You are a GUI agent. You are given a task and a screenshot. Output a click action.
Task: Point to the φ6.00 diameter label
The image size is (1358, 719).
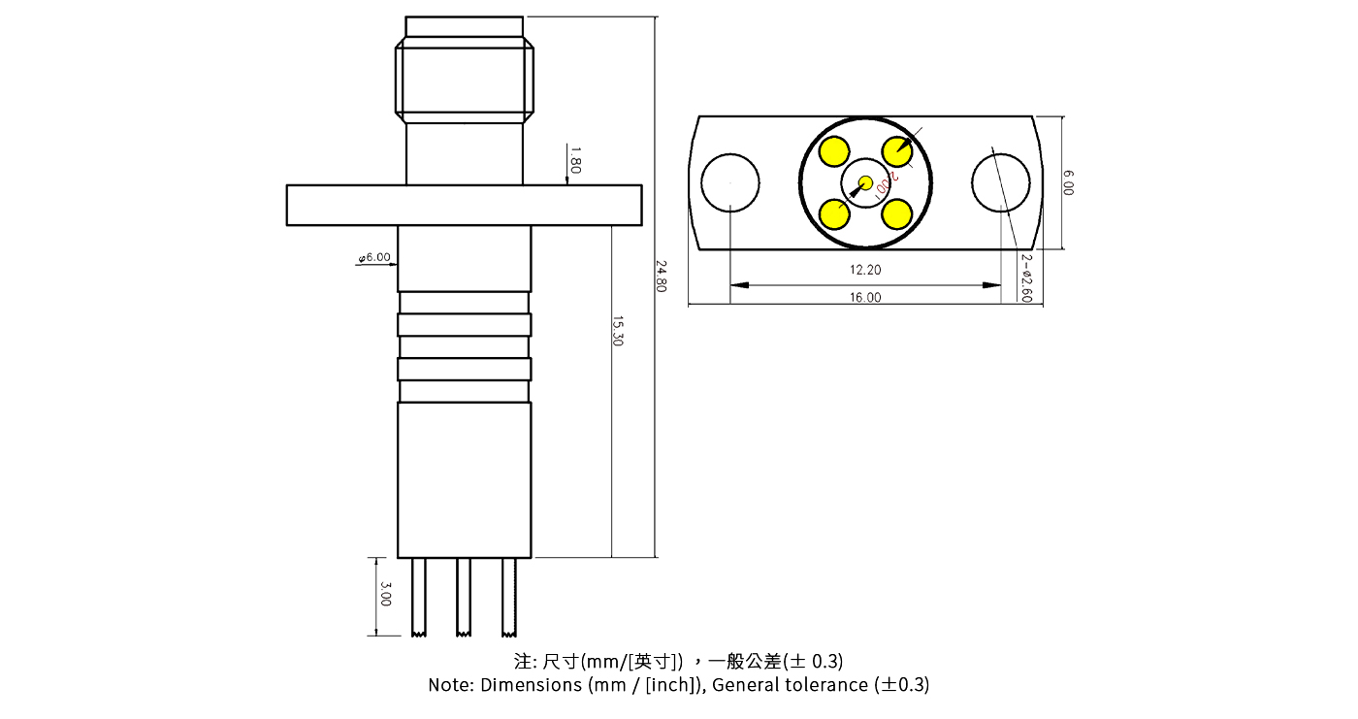(375, 257)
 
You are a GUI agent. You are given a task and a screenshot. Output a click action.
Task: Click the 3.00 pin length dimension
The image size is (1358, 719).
(385, 594)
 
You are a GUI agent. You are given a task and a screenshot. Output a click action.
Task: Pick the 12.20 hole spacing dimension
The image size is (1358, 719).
(865, 270)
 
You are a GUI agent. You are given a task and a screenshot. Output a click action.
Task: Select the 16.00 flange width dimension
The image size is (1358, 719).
(865, 298)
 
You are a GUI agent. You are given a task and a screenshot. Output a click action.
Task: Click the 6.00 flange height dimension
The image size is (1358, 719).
(1068, 182)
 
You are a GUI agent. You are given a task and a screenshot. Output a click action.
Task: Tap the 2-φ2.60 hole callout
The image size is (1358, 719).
(1026, 278)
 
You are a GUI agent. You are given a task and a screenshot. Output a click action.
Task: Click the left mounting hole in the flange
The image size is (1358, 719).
(730, 182)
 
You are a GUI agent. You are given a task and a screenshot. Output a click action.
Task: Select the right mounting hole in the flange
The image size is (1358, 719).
(1001, 182)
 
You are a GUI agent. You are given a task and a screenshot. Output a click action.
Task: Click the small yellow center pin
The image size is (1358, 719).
(865, 182)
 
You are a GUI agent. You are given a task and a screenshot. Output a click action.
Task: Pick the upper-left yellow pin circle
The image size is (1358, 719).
(834, 151)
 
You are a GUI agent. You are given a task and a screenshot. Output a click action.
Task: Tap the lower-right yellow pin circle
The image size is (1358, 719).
(897, 213)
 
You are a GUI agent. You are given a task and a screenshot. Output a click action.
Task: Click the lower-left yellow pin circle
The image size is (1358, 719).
(834, 213)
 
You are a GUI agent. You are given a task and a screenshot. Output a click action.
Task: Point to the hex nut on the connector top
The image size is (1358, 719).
(464, 80)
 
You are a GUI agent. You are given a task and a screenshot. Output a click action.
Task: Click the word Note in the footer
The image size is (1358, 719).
(451, 685)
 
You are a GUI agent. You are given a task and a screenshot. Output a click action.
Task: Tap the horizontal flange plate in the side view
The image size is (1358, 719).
(464, 205)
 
